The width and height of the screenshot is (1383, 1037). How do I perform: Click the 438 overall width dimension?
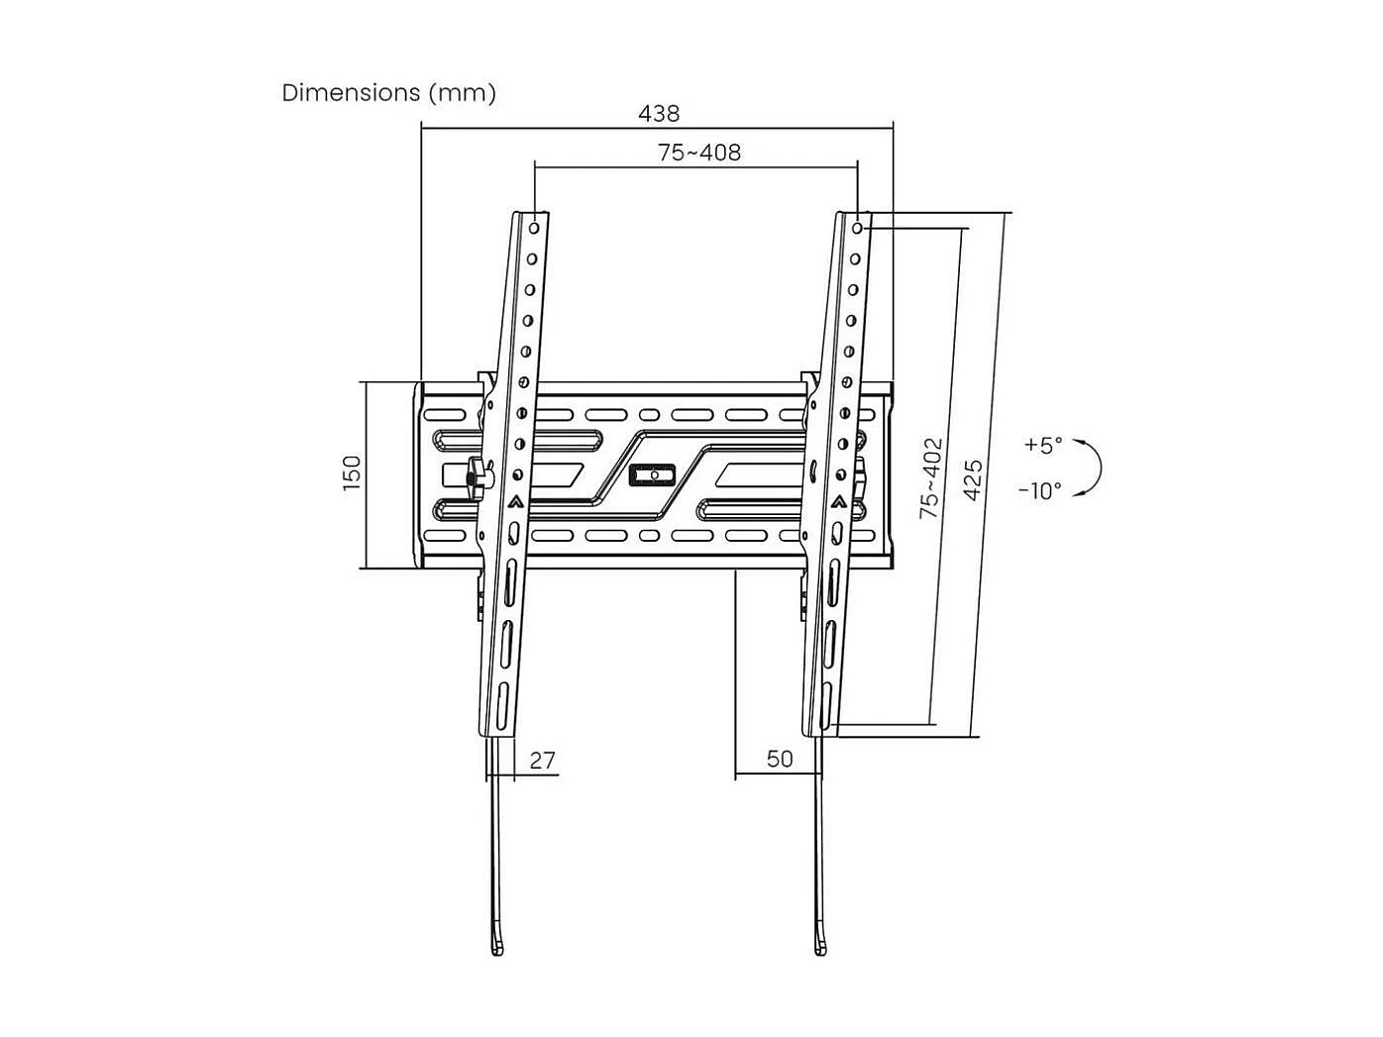(x=659, y=113)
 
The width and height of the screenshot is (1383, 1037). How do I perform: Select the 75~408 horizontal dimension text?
(x=699, y=153)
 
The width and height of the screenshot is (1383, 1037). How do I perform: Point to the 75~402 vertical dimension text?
(x=930, y=478)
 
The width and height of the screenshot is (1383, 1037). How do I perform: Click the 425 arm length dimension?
(x=973, y=478)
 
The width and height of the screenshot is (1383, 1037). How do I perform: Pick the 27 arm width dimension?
(x=542, y=760)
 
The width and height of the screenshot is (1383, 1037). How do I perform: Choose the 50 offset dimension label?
(x=780, y=759)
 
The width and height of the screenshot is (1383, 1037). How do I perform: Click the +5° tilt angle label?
(x=1042, y=445)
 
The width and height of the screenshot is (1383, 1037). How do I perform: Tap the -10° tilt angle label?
(x=1039, y=490)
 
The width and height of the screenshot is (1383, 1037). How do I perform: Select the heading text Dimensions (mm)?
(x=389, y=93)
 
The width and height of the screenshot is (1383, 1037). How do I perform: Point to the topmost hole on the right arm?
(x=857, y=229)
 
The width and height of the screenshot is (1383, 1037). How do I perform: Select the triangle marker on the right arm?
(x=839, y=501)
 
